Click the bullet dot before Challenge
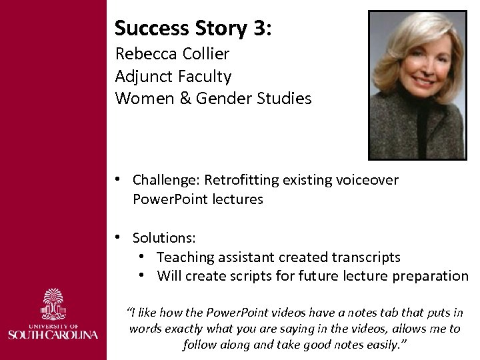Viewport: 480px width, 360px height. click(x=117, y=179)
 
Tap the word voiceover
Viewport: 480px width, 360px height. click(x=369, y=179)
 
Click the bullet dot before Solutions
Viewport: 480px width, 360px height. click(x=117, y=237)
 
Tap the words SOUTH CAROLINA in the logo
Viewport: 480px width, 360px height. click(x=53, y=334)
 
